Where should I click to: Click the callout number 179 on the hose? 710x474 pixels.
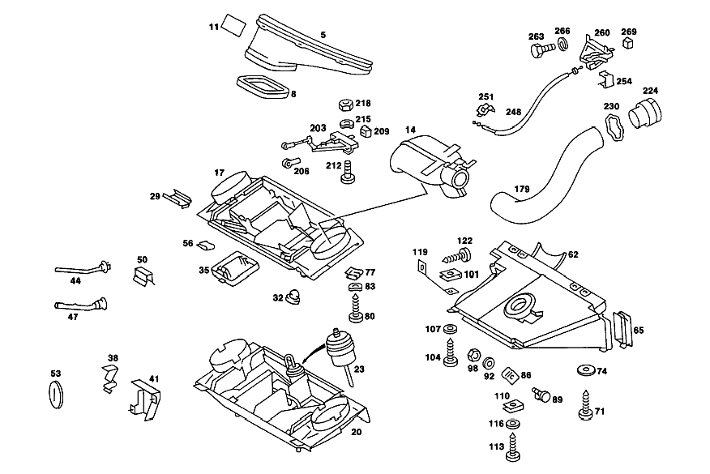[x=522, y=188]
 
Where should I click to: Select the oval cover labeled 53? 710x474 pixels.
[x=56, y=395]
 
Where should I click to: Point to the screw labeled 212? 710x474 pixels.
[x=348, y=173]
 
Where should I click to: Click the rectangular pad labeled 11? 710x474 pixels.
[x=234, y=26]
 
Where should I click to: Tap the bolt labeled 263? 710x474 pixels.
[x=542, y=48]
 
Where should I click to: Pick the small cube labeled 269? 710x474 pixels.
[x=627, y=43]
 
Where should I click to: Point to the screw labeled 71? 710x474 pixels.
[x=586, y=405]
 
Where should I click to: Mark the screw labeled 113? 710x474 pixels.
[x=512, y=446]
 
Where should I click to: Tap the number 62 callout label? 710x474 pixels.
[x=573, y=254]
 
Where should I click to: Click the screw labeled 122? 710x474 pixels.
[x=456, y=256]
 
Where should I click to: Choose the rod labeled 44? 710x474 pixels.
[x=83, y=269]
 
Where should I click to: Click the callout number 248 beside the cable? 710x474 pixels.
[x=514, y=111]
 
